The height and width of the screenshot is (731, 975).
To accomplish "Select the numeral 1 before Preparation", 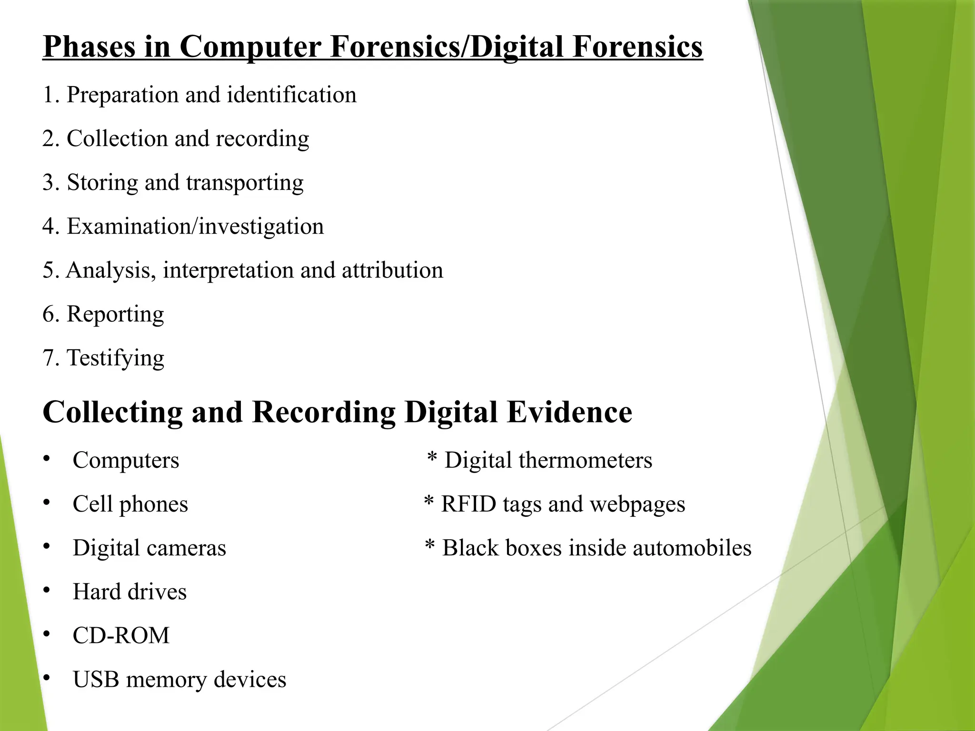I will [x=48, y=95].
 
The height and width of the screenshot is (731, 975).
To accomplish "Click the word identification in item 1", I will [x=291, y=95].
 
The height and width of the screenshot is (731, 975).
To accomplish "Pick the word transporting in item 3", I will [x=245, y=183].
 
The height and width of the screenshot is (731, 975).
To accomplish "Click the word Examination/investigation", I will [x=195, y=226].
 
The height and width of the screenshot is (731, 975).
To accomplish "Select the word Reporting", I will [x=115, y=315].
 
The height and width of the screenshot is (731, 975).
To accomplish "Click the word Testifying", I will [x=116, y=358].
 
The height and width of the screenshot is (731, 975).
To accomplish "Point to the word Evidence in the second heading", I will [x=569, y=412].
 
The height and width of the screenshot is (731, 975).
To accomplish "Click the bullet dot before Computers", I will [x=46, y=459].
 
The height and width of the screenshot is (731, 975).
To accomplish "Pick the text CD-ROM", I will [x=121, y=635].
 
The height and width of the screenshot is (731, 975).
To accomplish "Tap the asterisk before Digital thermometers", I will [x=432, y=458].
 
